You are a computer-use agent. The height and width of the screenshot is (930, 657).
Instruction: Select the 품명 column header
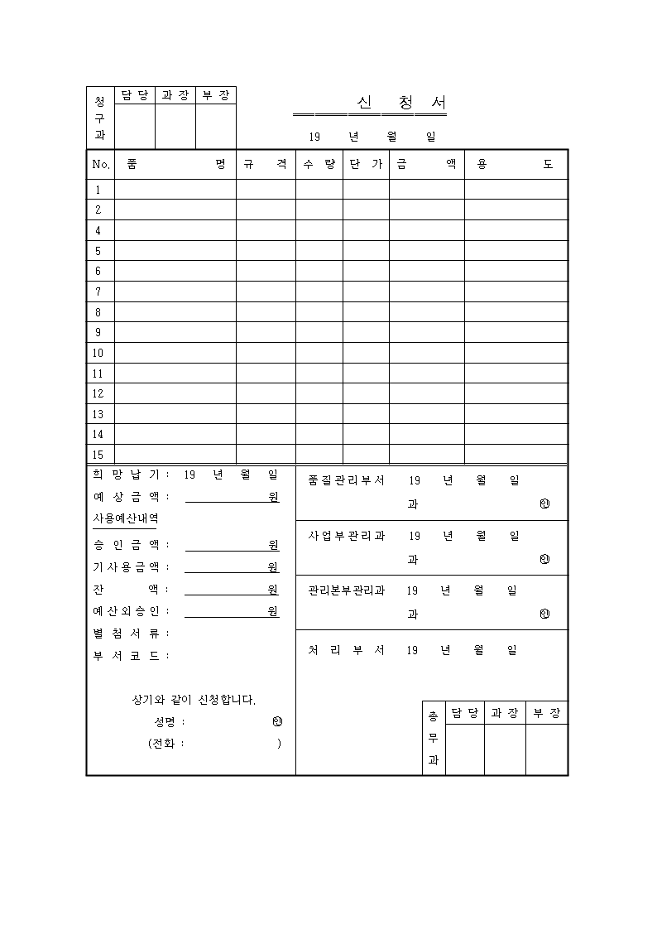tap(175, 164)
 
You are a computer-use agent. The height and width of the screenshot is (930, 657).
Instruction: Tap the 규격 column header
tap(266, 164)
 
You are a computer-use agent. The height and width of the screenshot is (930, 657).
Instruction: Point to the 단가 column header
tap(366, 164)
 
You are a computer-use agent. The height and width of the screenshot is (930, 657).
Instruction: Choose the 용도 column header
tap(516, 164)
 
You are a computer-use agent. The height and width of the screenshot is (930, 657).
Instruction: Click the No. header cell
tap(101, 164)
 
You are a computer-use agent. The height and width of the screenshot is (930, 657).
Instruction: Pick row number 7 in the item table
tap(98, 292)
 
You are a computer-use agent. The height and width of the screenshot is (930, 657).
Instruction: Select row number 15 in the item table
tap(98, 455)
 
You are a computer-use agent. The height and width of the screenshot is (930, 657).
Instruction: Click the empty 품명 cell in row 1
tap(175, 190)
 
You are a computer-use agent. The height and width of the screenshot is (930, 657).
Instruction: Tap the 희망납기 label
tap(128, 475)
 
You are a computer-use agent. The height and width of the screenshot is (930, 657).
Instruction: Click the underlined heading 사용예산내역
tap(126, 518)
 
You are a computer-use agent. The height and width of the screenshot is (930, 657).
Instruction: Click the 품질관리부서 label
tap(346, 480)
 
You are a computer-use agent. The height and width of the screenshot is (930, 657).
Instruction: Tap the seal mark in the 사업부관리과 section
tap(544, 560)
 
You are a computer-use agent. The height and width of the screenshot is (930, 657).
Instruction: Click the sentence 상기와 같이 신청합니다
tap(194, 700)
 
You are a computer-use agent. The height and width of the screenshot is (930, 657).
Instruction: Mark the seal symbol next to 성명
tap(277, 721)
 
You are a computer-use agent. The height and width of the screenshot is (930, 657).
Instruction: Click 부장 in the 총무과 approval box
tap(547, 713)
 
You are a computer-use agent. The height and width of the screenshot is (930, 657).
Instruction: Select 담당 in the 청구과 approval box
tap(135, 95)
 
